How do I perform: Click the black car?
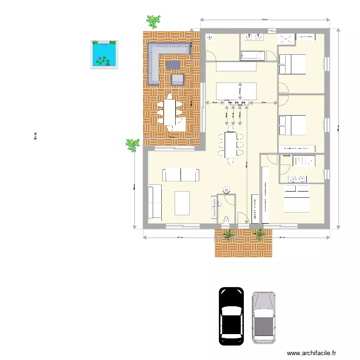click(x=230, y=316)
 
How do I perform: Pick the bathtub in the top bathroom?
click(x=252, y=56)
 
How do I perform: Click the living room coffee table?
click(x=182, y=203)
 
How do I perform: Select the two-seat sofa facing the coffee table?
click(x=180, y=175)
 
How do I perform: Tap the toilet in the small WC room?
click(x=226, y=219)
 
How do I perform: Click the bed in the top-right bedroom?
click(x=292, y=64)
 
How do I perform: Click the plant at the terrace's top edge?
click(x=154, y=22)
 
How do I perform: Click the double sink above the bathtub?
click(x=253, y=36)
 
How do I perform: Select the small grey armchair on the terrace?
click(x=178, y=80)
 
